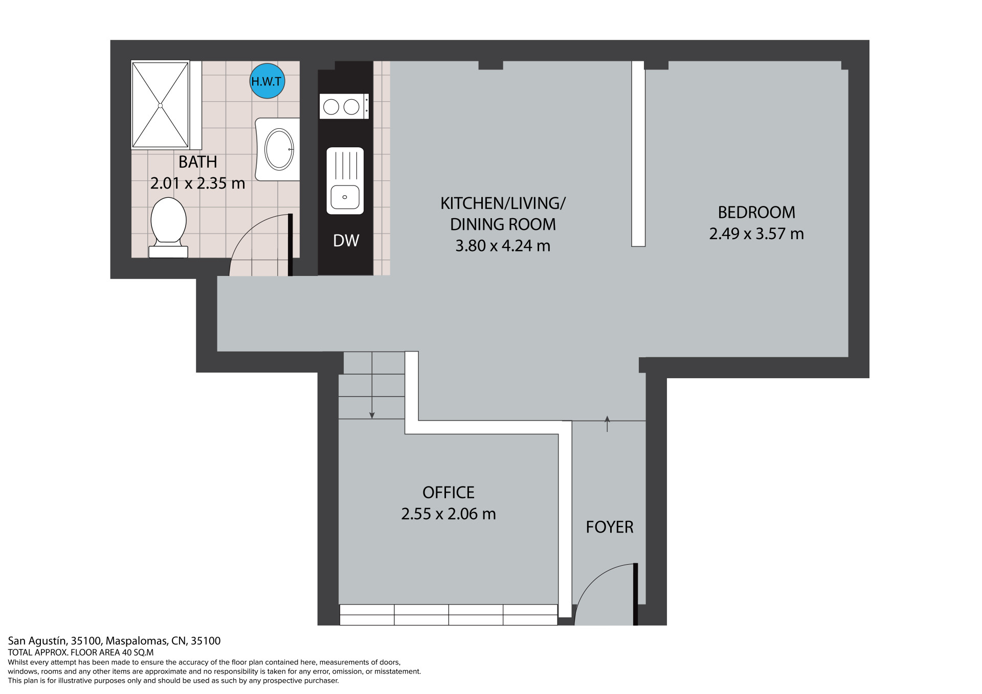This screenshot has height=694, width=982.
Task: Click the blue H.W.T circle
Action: coord(267,81)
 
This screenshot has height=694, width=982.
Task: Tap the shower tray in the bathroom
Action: coord(161,105)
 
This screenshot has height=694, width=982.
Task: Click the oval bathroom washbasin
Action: coord(279,149)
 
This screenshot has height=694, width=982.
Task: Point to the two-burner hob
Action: coord(344,106)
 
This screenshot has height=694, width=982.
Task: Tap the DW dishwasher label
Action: coord(346,241)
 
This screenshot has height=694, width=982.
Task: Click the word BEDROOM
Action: coord(756,212)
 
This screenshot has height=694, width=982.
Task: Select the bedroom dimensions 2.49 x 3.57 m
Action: coord(756,234)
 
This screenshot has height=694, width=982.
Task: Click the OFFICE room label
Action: coord(449,492)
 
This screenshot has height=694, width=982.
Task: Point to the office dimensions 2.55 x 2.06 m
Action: coord(449,514)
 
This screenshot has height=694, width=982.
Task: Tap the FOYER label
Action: coord(610,527)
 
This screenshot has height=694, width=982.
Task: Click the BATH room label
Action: coord(198,162)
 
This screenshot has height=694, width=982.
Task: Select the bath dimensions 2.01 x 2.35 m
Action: coord(198,183)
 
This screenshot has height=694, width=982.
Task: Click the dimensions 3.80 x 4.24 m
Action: coord(503,246)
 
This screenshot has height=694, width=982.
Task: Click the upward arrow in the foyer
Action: coord(607,424)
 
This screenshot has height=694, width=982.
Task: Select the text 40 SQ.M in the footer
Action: coord(137,653)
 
